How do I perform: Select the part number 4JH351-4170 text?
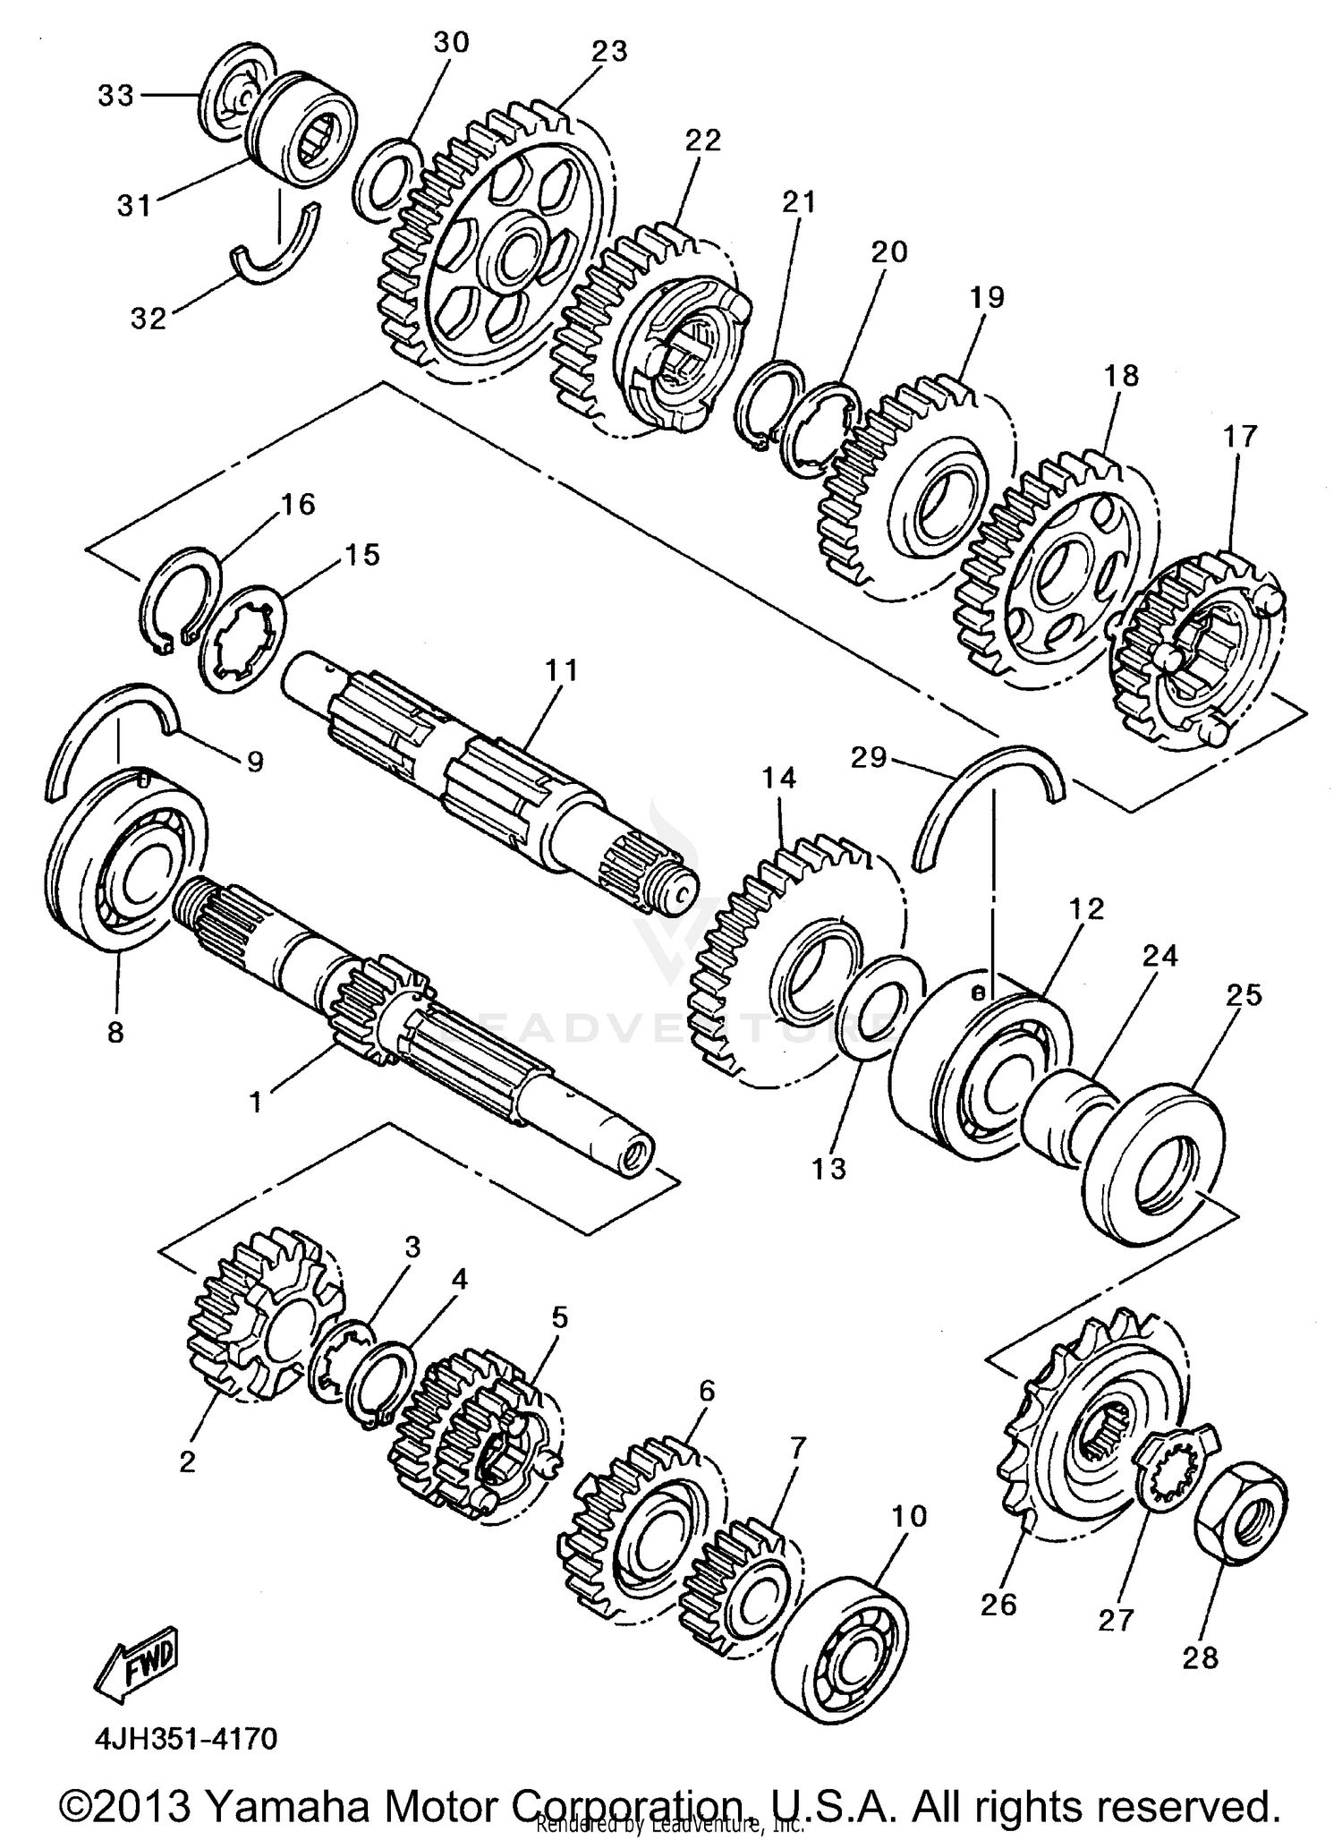(186, 1738)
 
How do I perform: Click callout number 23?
(609, 52)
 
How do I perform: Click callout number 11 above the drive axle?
(562, 669)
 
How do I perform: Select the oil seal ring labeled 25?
(1154, 1163)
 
